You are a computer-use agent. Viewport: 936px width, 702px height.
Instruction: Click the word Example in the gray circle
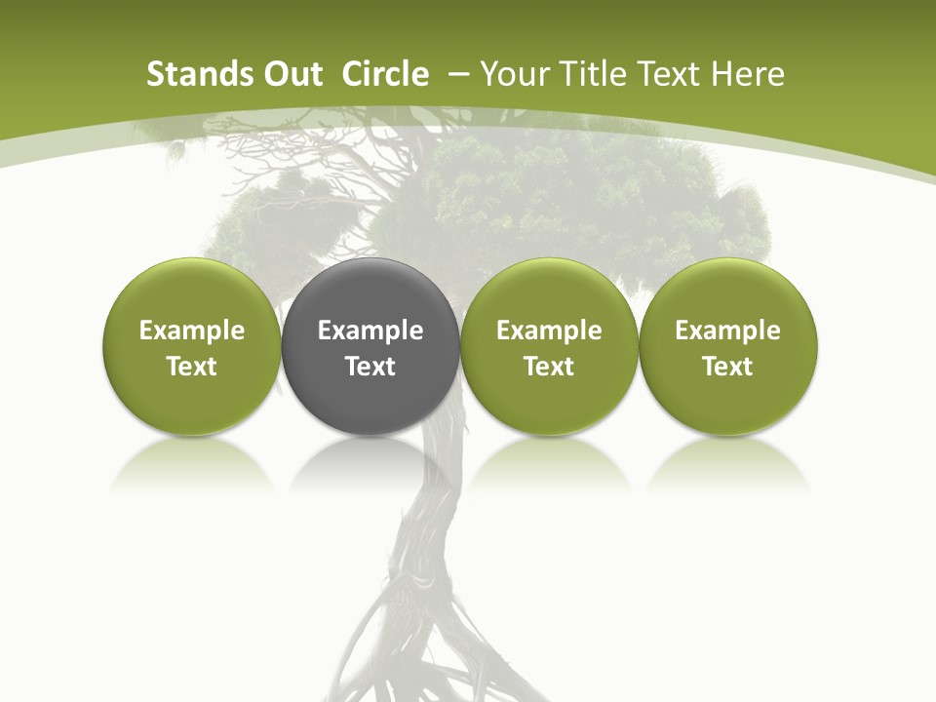(x=370, y=331)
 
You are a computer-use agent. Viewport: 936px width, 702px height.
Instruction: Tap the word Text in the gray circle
(x=370, y=367)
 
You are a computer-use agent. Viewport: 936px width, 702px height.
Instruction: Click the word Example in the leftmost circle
(x=192, y=331)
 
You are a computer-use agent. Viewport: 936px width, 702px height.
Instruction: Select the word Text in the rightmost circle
(x=728, y=367)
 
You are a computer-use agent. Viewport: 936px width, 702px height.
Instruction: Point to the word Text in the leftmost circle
(x=192, y=367)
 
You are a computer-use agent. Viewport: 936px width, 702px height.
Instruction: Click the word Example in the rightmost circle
(x=728, y=331)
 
